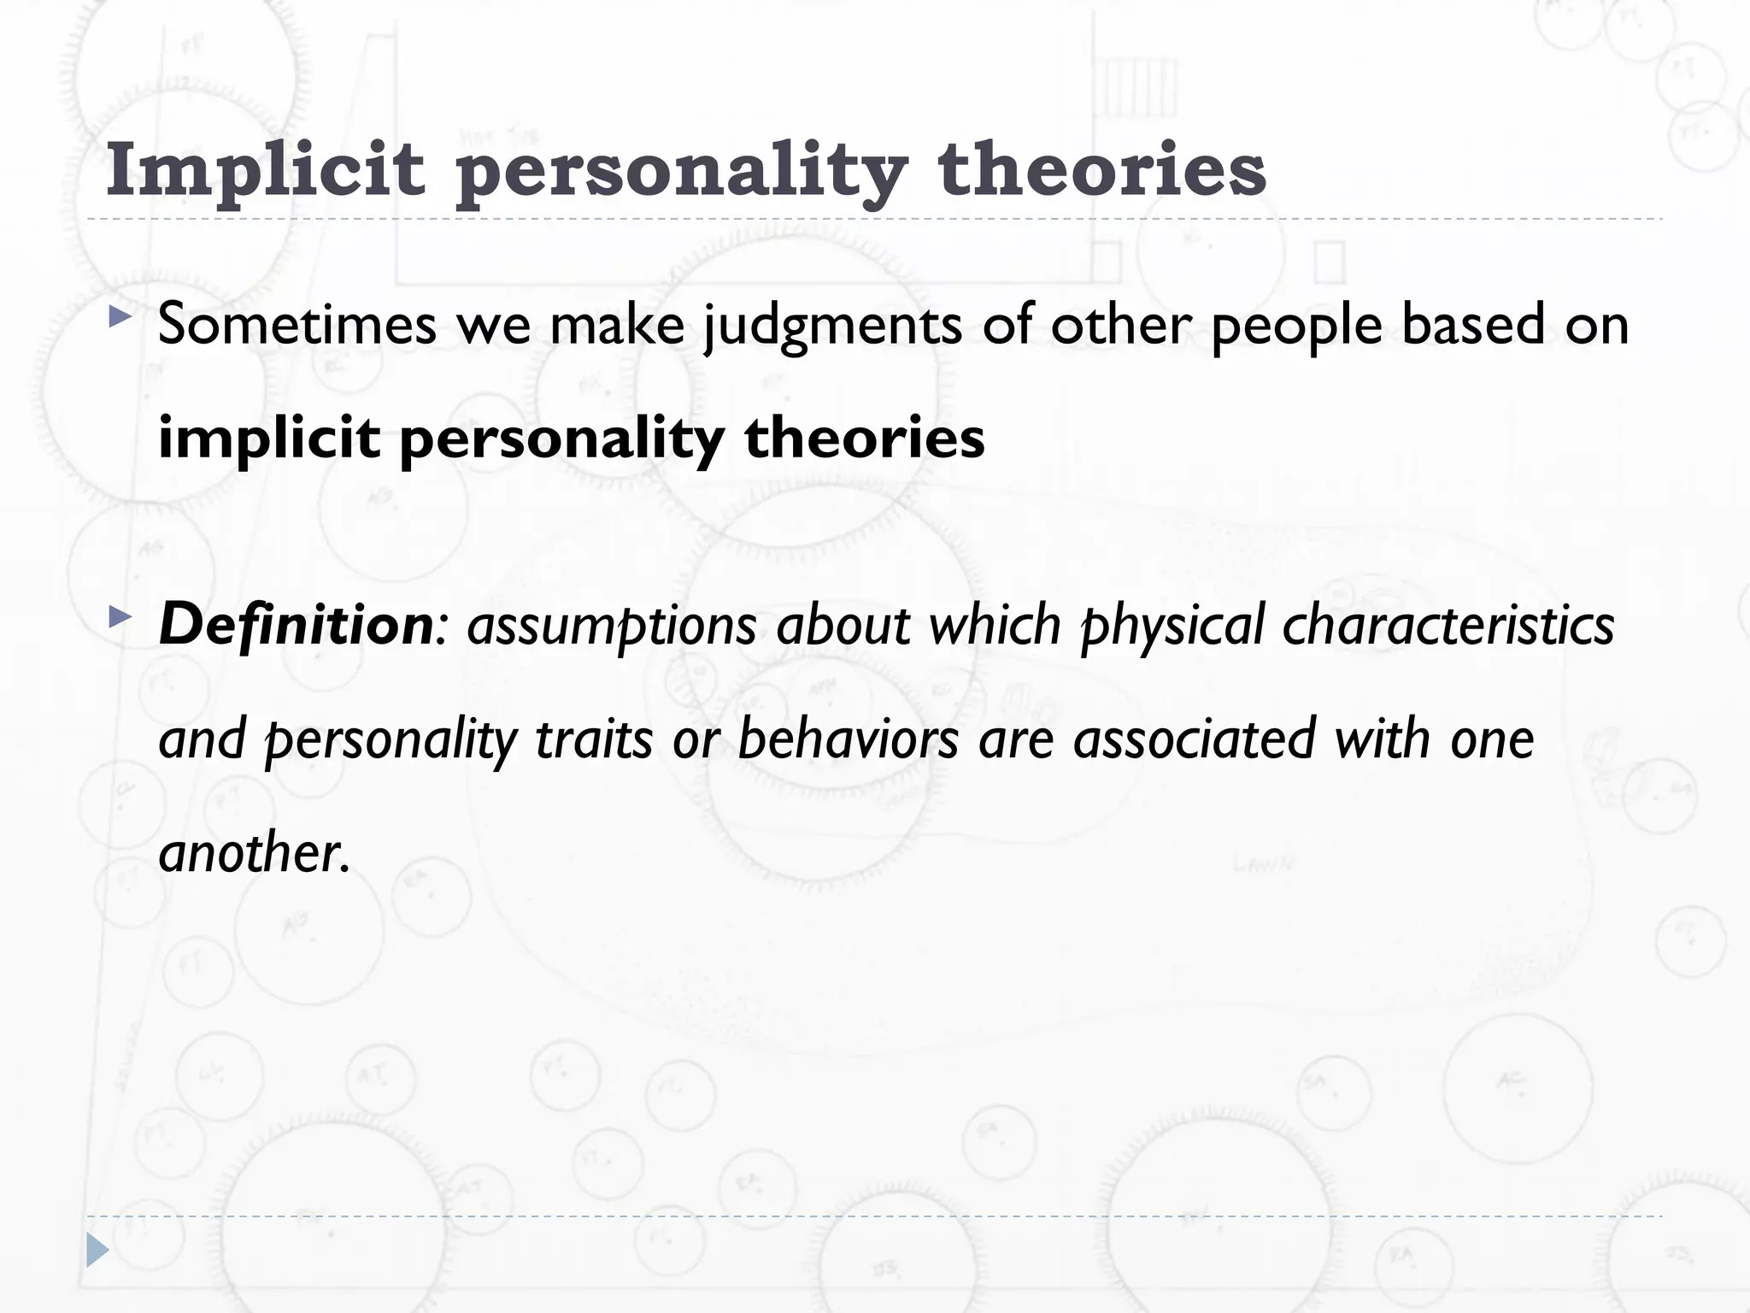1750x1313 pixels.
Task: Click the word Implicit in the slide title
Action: [265, 169]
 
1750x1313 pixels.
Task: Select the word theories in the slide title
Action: [1101, 169]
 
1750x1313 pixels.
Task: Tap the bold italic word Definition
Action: [296, 625]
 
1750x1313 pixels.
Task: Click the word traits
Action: [594, 739]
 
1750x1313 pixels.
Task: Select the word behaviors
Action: [848, 739]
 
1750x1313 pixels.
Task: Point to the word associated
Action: [1194, 739]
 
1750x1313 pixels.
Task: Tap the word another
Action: [254, 853]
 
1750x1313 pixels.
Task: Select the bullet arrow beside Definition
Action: [120, 616]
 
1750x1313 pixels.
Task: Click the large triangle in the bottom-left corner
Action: [97, 1251]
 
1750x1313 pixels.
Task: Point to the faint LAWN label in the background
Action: [1263, 865]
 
